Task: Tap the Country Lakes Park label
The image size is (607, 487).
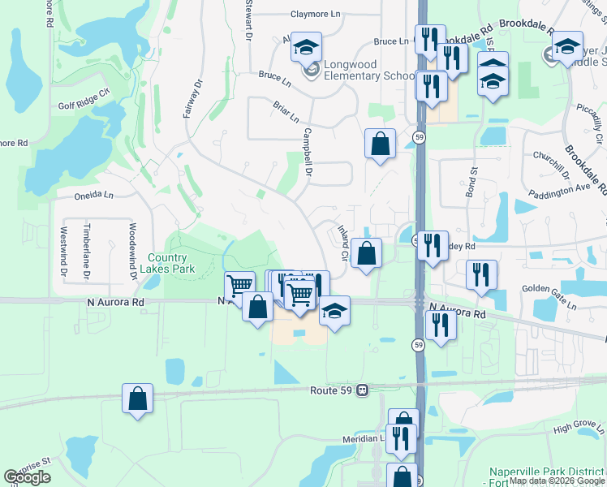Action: (168, 263)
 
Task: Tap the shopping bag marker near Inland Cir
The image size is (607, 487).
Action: (368, 253)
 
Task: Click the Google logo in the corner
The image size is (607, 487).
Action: (28, 477)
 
